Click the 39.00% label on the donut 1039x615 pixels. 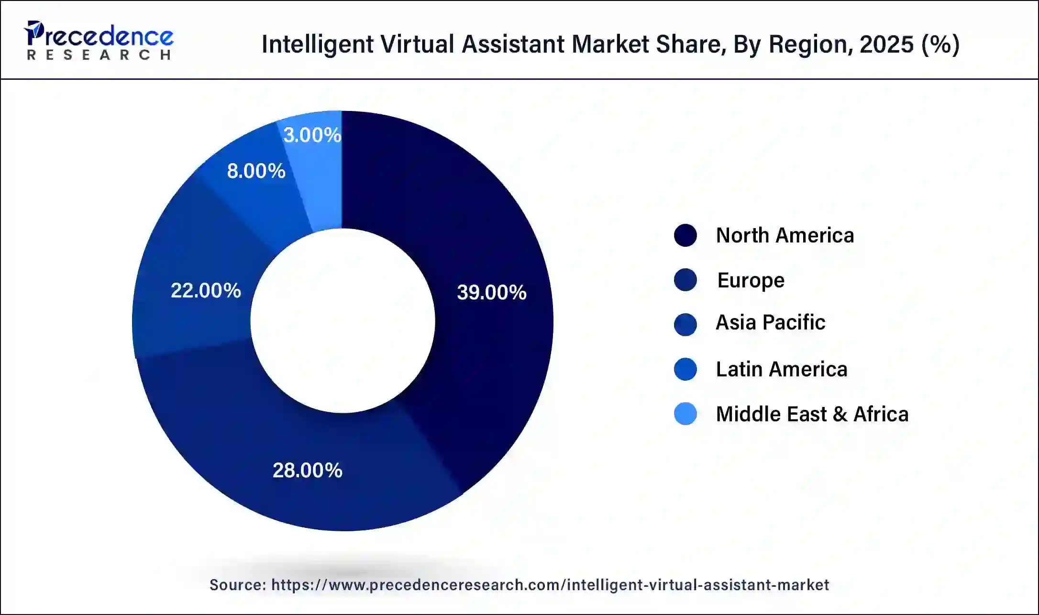tap(491, 292)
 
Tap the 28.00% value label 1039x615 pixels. tap(307, 470)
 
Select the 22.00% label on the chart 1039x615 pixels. tap(206, 290)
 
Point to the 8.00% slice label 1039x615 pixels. tap(256, 171)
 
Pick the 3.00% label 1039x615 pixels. tap(312, 135)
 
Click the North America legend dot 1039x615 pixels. tap(685, 235)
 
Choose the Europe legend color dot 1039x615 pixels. tap(685, 280)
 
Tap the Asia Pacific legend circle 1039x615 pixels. tap(685, 324)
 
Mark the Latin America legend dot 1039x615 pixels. tap(685, 369)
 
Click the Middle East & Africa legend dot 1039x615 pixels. tap(685, 414)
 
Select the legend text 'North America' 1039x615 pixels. tap(785, 235)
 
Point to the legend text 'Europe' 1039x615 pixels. tap(751, 280)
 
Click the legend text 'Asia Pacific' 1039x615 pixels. tap(770, 322)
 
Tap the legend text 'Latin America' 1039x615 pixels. tap(781, 369)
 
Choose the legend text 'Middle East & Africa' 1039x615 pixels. tap(812, 414)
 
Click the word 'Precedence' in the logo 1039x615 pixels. tap(100, 36)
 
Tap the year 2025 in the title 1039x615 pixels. tap(886, 44)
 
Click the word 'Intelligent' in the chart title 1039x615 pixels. tap(317, 44)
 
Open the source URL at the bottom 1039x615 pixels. tap(550, 585)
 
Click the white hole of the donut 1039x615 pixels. tap(343, 320)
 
